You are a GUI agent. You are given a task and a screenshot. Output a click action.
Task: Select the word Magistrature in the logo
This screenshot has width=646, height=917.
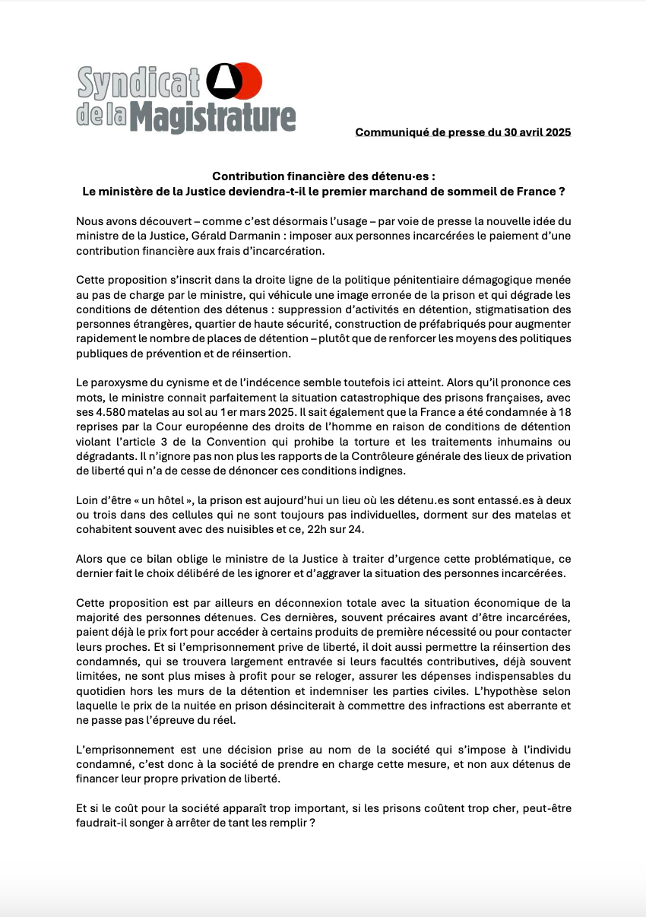click(213, 118)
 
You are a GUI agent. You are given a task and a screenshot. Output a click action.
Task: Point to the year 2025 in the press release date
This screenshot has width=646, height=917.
click(556, 132)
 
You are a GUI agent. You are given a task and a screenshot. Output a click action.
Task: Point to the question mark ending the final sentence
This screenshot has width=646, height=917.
click(312, 823)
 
